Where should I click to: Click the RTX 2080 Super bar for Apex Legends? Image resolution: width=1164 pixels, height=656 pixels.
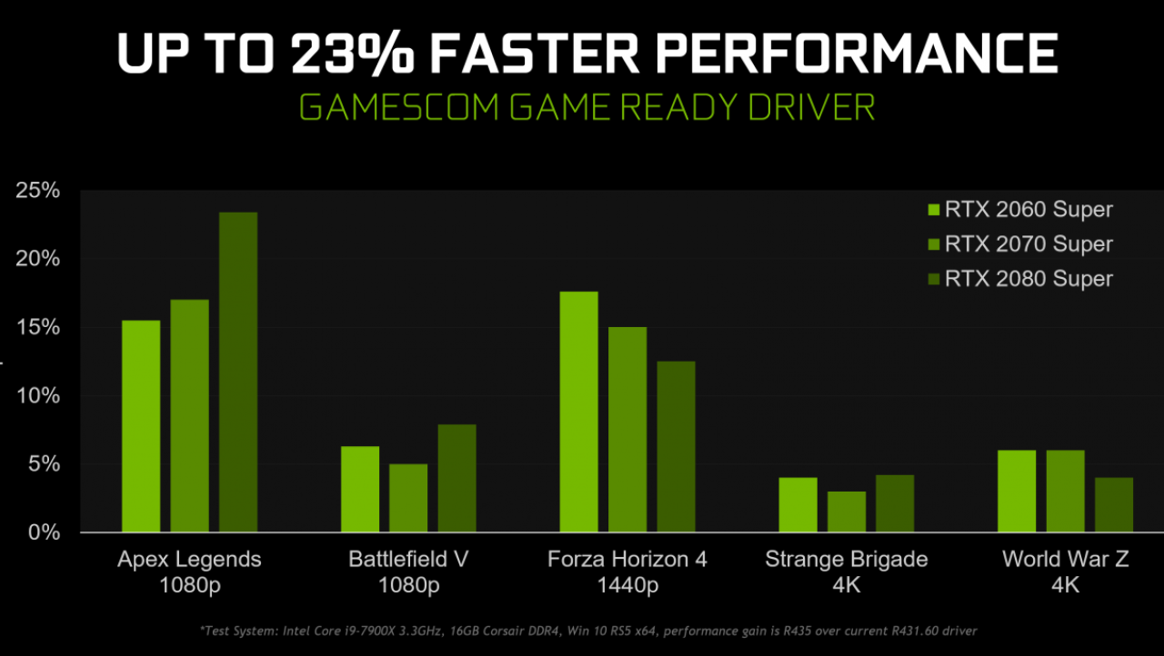[238, 373]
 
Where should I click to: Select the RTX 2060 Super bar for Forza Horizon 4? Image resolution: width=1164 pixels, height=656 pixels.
[579, 412]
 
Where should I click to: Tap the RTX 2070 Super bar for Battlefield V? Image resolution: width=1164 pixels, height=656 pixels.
[408, 498]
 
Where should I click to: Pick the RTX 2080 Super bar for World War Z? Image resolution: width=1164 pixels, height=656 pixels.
[1114, 504]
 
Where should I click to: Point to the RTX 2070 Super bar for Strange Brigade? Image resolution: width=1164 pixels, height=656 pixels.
[847, 512]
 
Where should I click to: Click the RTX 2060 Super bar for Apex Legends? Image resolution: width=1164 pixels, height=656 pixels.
[141, 426]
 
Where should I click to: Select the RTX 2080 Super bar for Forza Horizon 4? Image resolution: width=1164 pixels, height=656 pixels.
[676, 446]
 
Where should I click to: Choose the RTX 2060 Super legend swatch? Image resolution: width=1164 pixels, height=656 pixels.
[934, 210]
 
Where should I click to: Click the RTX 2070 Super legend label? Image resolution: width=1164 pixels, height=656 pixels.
[1029, 244]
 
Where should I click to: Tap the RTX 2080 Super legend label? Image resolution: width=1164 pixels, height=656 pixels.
[1029, 279]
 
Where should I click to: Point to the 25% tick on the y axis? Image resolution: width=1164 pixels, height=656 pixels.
[37, 191]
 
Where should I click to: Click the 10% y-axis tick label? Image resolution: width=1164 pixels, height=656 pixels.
[37, 396]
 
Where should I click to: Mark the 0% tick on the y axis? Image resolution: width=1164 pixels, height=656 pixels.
[44, 532]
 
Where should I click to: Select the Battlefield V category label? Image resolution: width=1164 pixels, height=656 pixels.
[408, 560]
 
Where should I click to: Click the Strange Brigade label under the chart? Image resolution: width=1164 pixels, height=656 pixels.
[847, 560]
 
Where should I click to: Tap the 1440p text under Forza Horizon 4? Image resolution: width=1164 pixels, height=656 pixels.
[627, 586]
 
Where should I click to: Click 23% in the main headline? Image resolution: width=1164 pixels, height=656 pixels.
[353, 54]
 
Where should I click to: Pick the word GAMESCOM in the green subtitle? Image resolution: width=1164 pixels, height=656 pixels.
[399, 107]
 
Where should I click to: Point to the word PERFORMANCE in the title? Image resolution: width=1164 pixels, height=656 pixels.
[857, 53]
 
